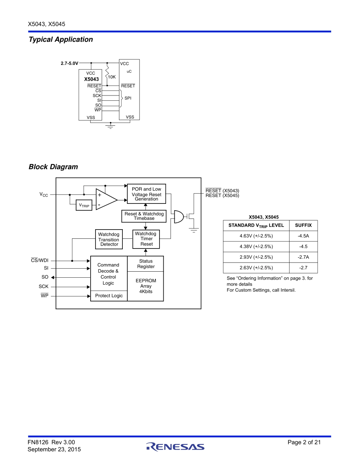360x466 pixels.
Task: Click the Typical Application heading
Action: tap(61, 39)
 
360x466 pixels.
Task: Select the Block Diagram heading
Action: tap(53, 167)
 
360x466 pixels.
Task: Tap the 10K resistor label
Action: tap(112, 77)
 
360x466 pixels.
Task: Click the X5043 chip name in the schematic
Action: tap(91, 80)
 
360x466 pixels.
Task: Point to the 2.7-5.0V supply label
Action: tap(69, 63)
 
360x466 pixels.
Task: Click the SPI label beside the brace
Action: tap(128, 98)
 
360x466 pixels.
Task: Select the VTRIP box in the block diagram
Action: tap(84, 205)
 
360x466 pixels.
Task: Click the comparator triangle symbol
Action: tap(105, 199)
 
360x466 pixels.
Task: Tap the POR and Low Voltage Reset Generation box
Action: tap(146, 194)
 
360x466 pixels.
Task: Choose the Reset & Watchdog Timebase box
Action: tap(144, 216)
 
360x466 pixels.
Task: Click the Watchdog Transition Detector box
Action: tap(109, 239)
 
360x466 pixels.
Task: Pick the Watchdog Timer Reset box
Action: tap(146, 239)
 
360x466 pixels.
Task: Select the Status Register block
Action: tap(146, 264)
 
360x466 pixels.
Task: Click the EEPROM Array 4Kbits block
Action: tap(146, 286)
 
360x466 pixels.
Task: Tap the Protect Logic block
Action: tap(109, 296)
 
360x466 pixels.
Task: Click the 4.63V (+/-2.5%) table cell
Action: tap(256, 236)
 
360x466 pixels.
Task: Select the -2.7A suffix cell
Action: tap(303, 257)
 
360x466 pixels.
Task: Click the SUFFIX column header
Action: tap(303, 225)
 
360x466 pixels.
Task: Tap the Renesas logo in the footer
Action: tap(175, 447)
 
